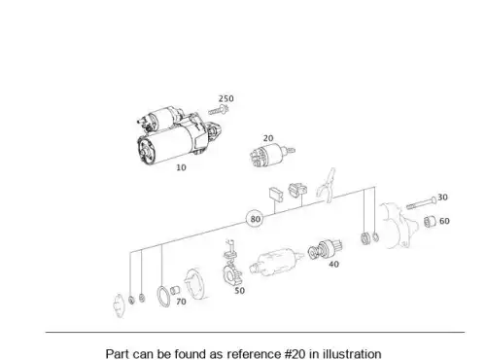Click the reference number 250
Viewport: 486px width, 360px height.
point(226,98)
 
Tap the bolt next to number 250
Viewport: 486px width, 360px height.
point(219,110)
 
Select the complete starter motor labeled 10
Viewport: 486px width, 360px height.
point(179,135)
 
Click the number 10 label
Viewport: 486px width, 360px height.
point(181,167)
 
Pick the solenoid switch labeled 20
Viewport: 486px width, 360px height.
point(271,155)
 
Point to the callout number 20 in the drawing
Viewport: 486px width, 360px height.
point(268,138)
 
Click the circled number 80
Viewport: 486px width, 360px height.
point(255,219)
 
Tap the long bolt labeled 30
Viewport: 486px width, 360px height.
point(422,202)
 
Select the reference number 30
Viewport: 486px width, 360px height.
point(442,198)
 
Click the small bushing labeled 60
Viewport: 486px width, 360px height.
point(430,222)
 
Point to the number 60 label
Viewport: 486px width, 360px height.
point(444,221)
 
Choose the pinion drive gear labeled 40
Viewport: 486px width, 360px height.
point(325,249)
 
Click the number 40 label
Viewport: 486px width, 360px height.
point(333,265)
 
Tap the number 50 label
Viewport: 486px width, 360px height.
point(239,291)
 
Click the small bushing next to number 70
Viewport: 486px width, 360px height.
point(175,290)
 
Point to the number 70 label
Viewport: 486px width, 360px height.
point(181,302)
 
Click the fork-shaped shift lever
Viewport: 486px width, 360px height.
point(327,186)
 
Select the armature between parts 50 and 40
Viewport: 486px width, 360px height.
point(276,262)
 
